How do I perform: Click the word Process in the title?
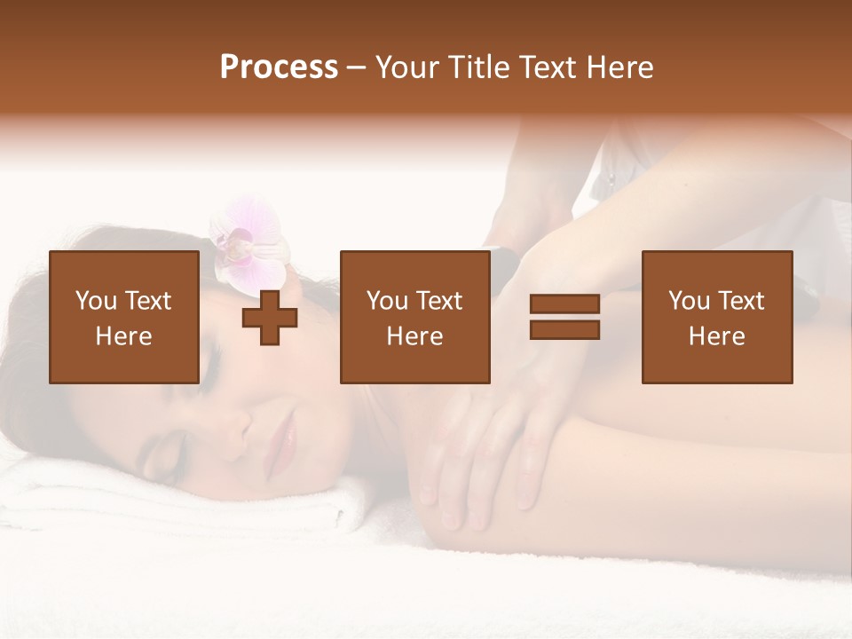279,67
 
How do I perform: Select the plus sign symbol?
270,318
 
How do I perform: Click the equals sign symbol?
564,317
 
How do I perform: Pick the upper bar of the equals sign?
564,304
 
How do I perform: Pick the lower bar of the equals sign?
564,329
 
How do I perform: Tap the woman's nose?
238,425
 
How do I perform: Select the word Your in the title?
407,67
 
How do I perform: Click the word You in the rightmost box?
689,301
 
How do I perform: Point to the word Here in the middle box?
414,336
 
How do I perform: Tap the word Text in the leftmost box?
147,301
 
